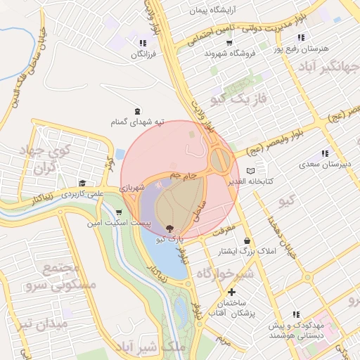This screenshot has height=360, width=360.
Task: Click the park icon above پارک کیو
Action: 169,228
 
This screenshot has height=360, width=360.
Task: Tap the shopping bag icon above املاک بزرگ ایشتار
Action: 247,240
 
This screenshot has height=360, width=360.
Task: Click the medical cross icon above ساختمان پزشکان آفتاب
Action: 231,292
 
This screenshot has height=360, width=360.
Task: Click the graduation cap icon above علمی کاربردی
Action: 82,184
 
